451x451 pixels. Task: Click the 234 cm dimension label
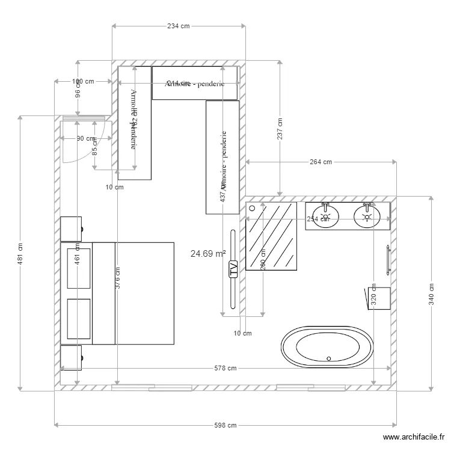pyautogui.click(x=178, y=26)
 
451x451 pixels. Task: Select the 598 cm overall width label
pyautogui.click(x=226, y=425)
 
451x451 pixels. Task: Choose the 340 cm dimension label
pyautogui.click(x=431, y=294)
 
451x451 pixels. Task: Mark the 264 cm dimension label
pyautogui.click(x=321, y=162)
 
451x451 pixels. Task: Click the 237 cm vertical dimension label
pyautogui.click(x=280, y=129)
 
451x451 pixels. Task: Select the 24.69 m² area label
pyautogui.click(x=207, y=254)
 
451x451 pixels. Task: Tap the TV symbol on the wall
pyautogui.click(x=233, y=270)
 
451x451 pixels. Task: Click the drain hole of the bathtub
pyautogui.click(x=328, y=358)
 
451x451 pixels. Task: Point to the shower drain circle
pyautogui.click(x=253, y=208)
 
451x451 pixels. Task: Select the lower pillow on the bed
pyautogui.click(x=76, y=319)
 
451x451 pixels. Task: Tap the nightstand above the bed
pyautogui.click(x=71, y=229)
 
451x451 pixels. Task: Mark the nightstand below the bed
pyautogui.click(x=71, y=358)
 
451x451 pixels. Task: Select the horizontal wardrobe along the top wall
pyautogui.click(x=195, y=83)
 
